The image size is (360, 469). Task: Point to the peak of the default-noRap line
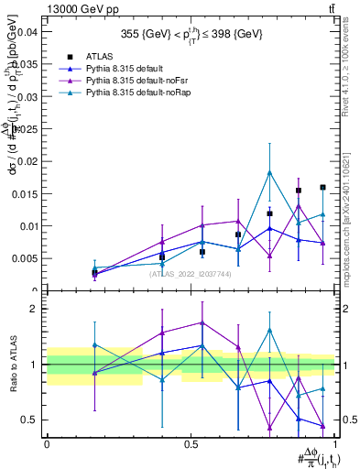(x=269, y=172)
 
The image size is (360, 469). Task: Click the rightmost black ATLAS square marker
(x=322, y=187)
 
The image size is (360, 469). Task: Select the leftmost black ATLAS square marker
(x=94, y=273)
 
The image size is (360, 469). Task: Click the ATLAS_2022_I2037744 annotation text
(x=190, y=274)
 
